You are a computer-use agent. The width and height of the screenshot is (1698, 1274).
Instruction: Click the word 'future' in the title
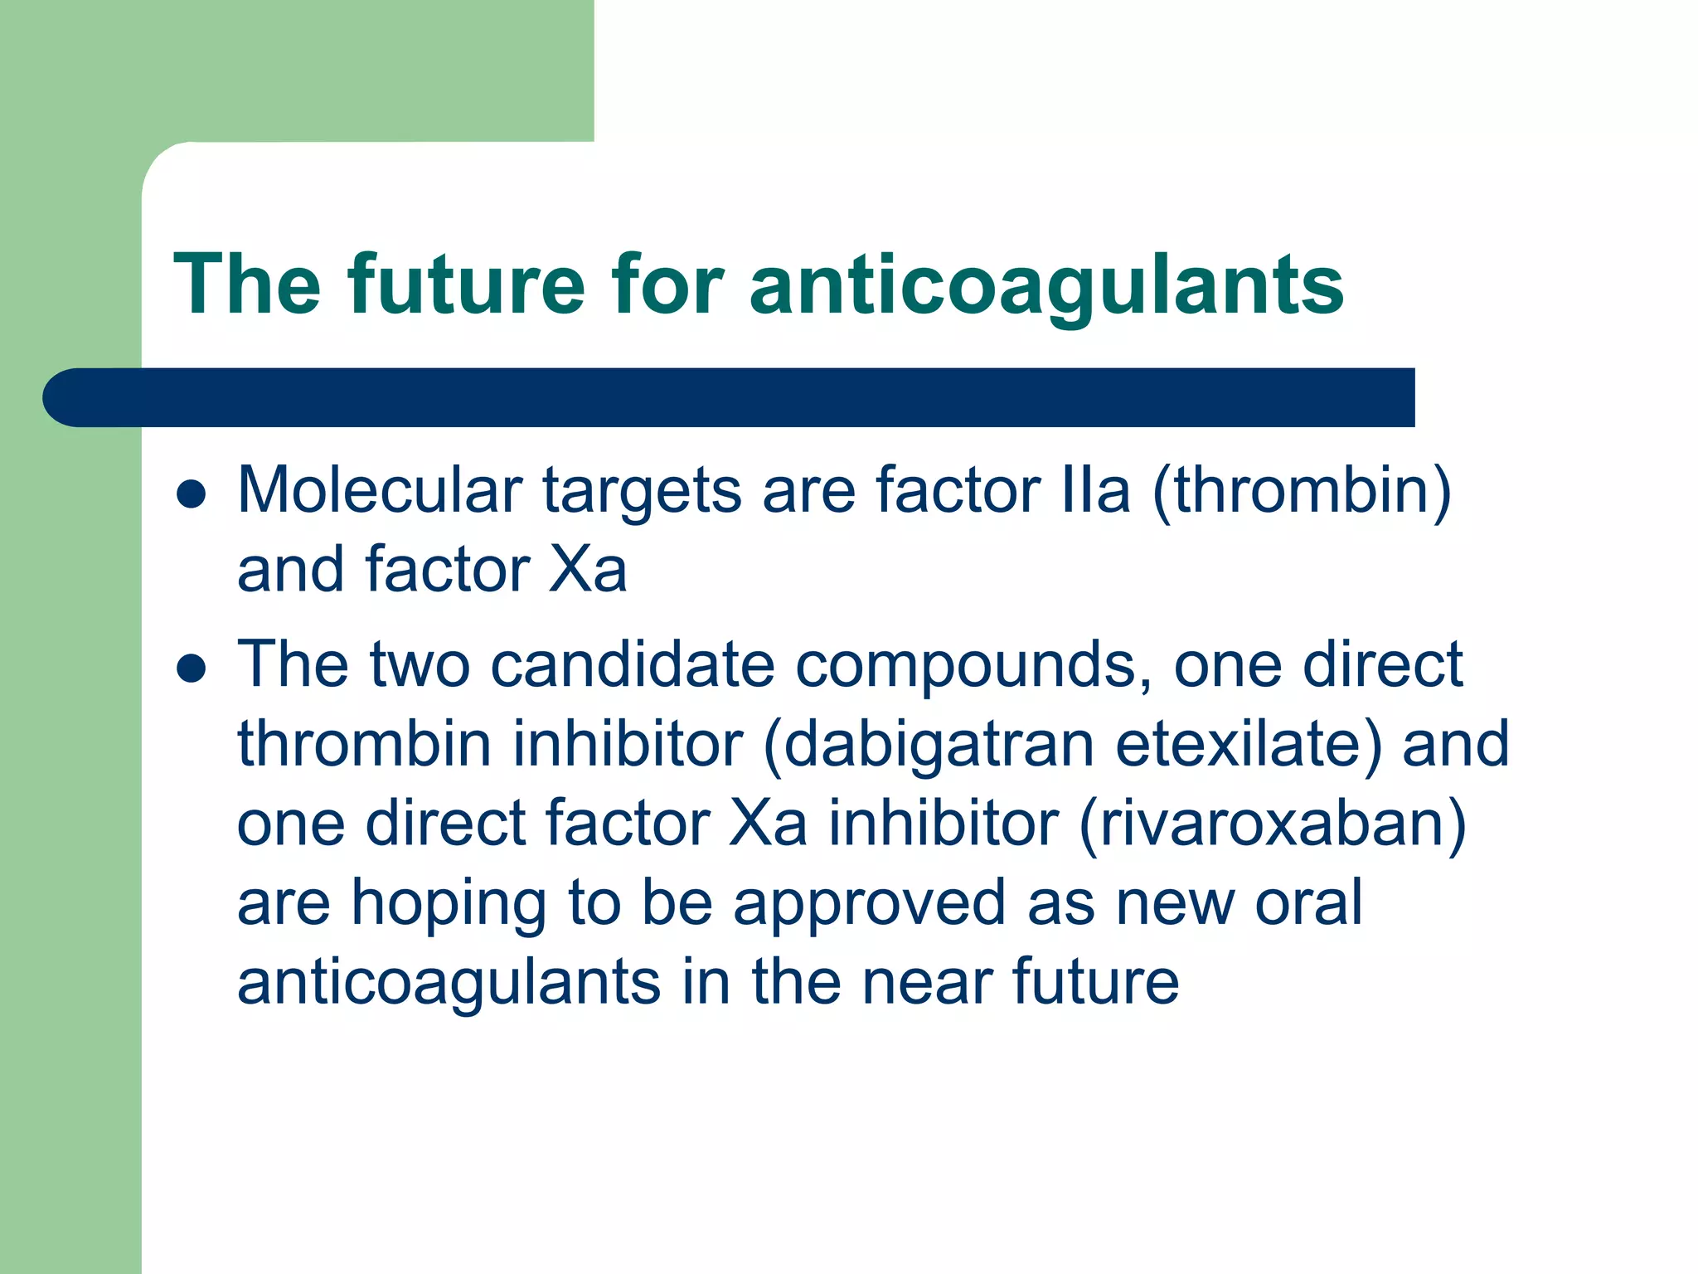pos(467,284)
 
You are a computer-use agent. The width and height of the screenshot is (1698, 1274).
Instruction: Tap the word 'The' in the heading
pos(247,284)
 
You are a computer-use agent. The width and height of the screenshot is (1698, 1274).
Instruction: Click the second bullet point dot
pos(192,668)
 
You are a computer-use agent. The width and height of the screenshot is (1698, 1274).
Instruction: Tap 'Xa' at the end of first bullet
pos(588,570)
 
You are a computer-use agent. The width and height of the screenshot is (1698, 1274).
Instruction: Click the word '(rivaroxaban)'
pos(1272,824)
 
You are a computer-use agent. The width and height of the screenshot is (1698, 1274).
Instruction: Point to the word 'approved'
pos(870,904)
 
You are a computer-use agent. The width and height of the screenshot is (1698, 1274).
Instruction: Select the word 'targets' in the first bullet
pos(643,492)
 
